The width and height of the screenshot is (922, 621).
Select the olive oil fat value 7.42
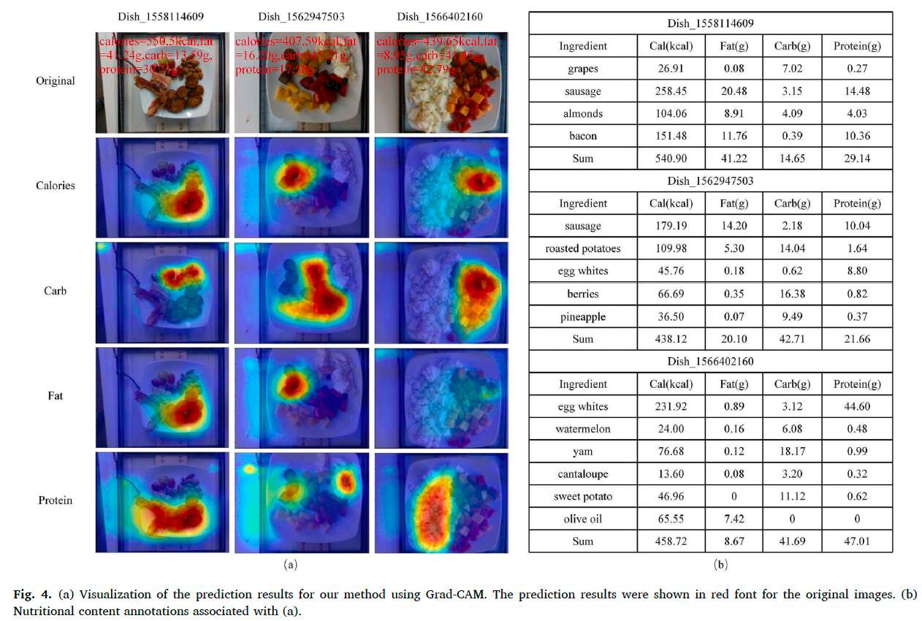(734, 519)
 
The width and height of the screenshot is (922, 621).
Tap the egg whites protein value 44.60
(856, 406)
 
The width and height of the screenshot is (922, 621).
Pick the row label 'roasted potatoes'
(582, 248)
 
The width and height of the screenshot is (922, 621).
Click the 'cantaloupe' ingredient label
(582, 474)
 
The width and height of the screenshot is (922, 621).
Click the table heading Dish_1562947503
(710, 180)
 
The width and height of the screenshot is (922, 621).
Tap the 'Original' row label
(56, 80)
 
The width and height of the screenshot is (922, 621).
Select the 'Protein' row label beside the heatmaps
(56, 500)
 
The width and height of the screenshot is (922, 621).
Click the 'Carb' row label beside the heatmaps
(56, 291)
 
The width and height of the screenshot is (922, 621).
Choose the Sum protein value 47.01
(856, 541)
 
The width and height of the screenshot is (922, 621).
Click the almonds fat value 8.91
(734, 113)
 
